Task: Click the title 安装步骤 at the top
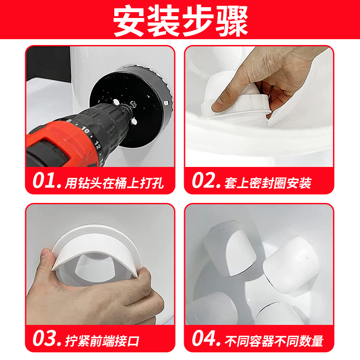[x=180, y=22]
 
